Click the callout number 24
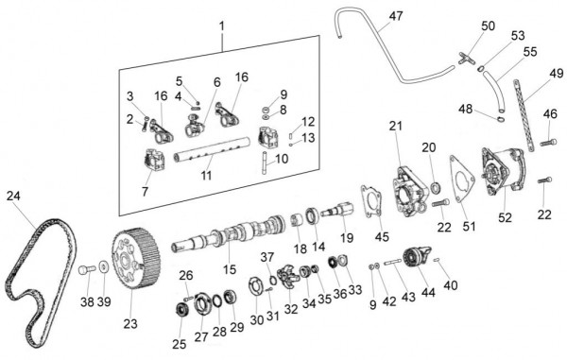pos(12,197)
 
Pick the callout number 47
pos(395,16)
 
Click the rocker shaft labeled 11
pos(203,151)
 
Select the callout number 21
pos(395,126)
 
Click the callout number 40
pos(450,285)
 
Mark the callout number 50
pos(488,26)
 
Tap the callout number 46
pos(550,114)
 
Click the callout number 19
pos(347,237)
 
